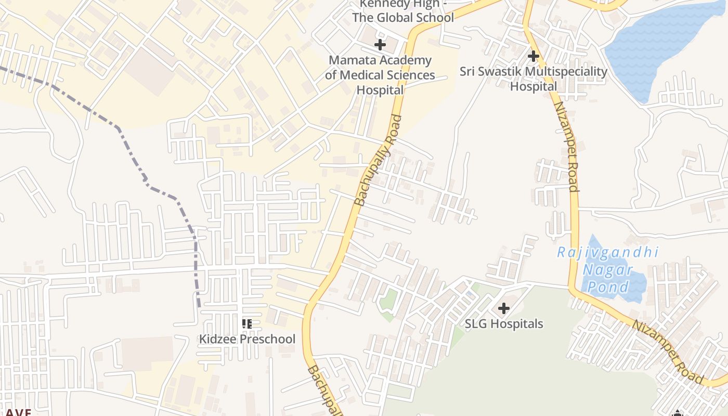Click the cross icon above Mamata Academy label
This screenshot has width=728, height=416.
coord(380,45)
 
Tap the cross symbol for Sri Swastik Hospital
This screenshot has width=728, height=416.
coord(533,56)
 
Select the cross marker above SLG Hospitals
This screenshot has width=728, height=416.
coord(503,309)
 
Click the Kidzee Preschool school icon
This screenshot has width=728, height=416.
coord(247,324)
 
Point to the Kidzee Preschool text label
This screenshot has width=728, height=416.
coord(247,339)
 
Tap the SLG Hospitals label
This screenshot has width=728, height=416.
coord(503,324)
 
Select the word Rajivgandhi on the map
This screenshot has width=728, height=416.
coord(607,253)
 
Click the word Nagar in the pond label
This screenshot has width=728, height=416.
coord(607,270)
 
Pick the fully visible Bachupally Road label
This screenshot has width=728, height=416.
coord(378,160)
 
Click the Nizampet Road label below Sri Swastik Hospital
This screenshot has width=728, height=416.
coord(566,147)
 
